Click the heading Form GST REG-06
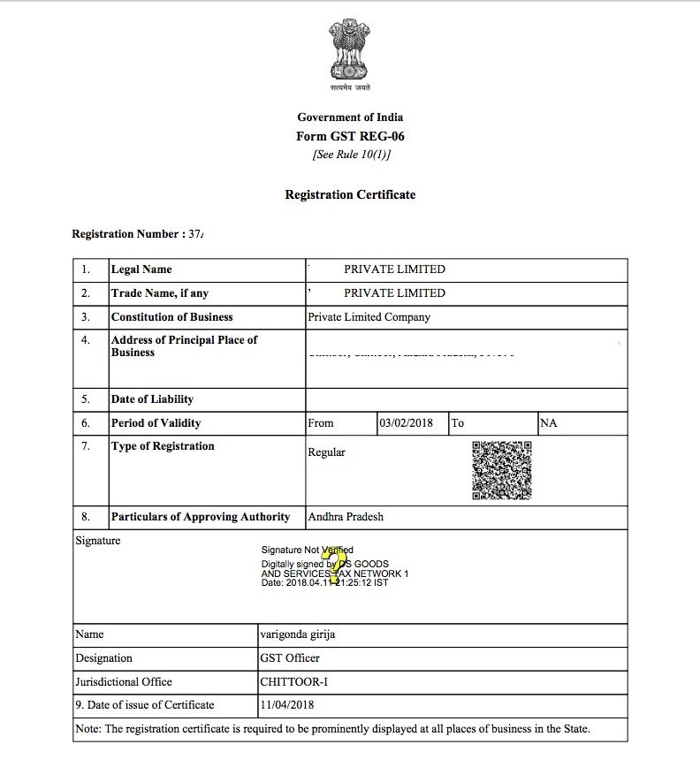[350, 136]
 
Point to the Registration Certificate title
[350, 194]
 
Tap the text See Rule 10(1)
[350, 155]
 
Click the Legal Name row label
[141, 270]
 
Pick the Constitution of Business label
[171, 317]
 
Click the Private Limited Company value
[369, 317]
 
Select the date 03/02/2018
[406, 423]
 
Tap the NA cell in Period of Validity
[549, 423]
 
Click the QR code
[501, 470]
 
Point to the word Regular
[326, 452]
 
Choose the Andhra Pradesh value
[346, 517]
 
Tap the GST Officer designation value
[291, 658]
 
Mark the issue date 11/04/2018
[287, 705]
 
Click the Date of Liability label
[152, 399]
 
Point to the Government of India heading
[350, 118]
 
